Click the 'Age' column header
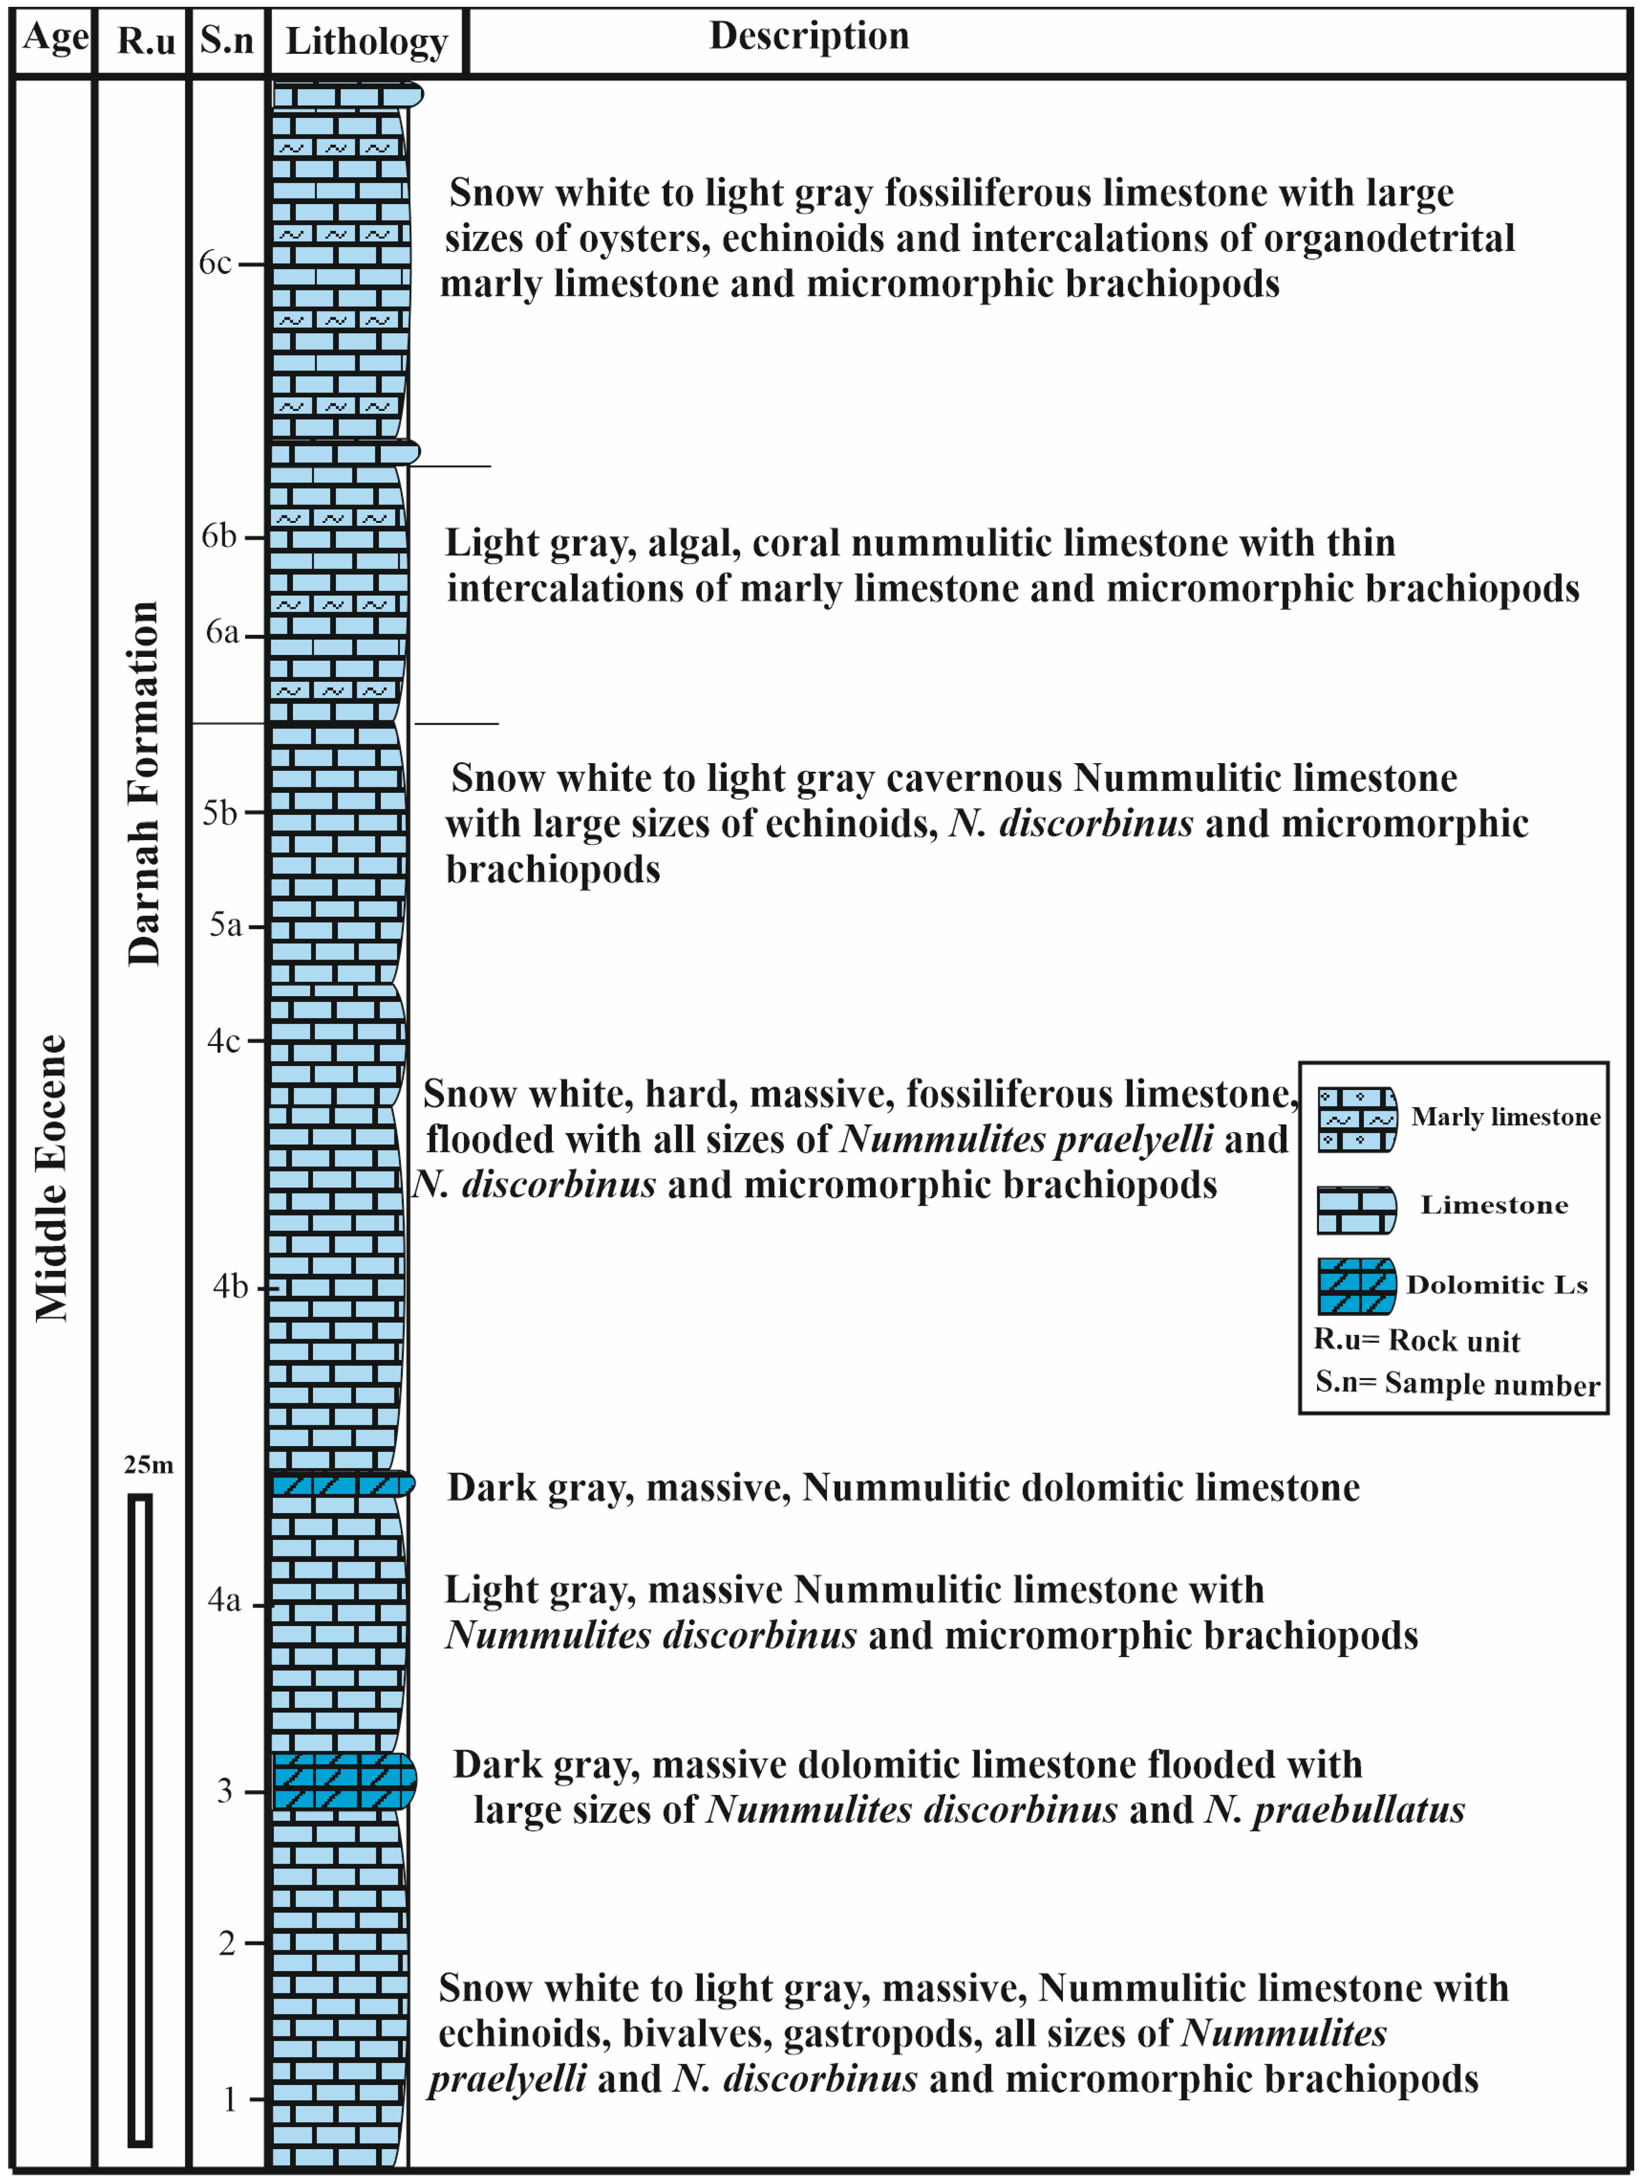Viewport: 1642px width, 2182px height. click(x=55, y=37)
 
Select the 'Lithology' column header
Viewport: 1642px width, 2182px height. click(x=366, y=41)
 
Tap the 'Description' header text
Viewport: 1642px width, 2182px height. click(x=808, y=36)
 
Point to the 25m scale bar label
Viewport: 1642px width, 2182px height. click(x=148, y=1465)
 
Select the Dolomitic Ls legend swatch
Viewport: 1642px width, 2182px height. click(x=1357, y=1285)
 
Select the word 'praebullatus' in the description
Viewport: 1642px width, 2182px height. click(x=1358, y=1809)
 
